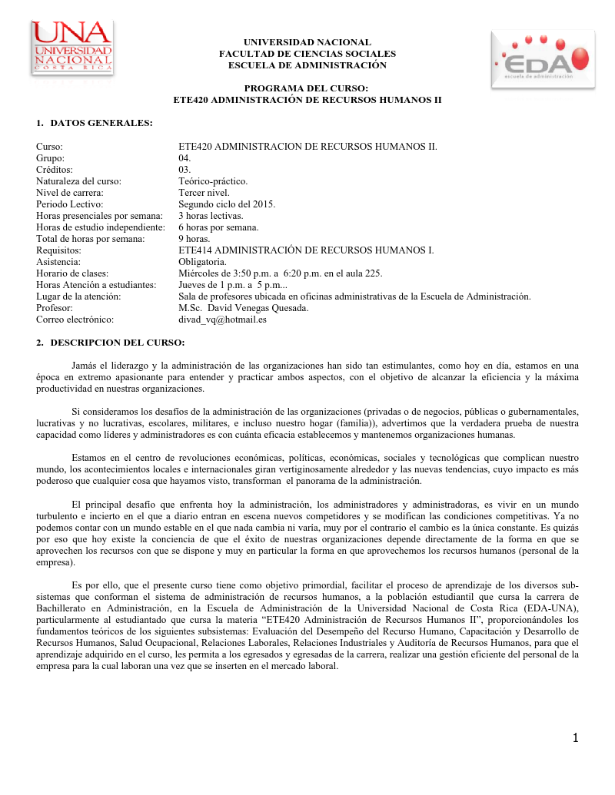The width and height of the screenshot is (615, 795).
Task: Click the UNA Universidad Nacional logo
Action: pyautogui.click(x=72, y=48)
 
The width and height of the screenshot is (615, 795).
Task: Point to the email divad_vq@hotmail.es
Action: pyautogui.click(x=222, y=320)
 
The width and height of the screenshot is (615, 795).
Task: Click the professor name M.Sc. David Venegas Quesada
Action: pyautogui.click(x=244, y=308)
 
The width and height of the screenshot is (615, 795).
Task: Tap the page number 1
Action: pyautogui.click(x=575, y=738)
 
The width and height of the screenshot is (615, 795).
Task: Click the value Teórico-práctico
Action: pyautogui.click(x=213, y=181)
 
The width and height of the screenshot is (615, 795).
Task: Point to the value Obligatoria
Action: pyautogui.click(x=204, y=262)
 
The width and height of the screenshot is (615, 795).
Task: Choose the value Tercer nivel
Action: pyautogui.click(x=204, y=193)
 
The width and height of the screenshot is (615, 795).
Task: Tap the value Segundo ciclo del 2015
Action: pyautogui.click(x=227, y=204)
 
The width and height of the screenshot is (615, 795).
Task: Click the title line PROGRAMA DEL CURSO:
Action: pyautogui.click(x=307, y=89)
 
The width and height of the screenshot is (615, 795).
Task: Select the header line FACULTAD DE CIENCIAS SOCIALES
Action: pyautogui.click(x=307, y=54)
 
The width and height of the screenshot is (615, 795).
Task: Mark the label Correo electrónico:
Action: pyautogui.click(x=75, y=320)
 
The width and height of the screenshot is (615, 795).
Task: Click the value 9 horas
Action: pyautogui.click(x=194, y=239)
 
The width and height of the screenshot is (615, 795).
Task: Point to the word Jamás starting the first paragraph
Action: pyautogui.click(x=85, y=366)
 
